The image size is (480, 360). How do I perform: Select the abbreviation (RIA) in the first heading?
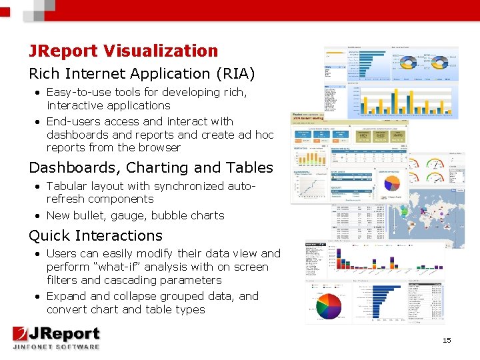(233, 73)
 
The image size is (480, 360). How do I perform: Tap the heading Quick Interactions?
(95, 236)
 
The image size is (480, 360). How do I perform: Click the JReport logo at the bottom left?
(56, 335)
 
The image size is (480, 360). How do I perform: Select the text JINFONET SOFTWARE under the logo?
(56, 346)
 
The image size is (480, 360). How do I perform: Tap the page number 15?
(447, 341)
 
